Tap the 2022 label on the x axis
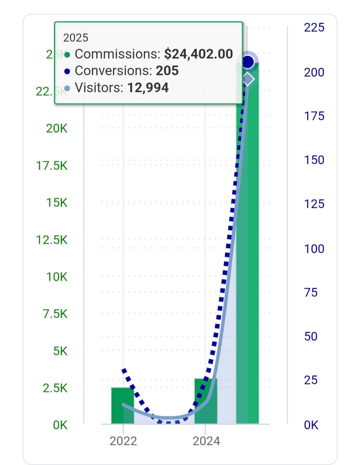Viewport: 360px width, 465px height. pyautogui.click(x=123, y=441)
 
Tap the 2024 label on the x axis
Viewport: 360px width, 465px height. pyautogui.click(x=206, y=441)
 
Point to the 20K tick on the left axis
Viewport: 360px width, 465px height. pyautogui.click(x=57, y=128)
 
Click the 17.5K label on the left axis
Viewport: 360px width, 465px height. pyautogui.click(x=52, y=166)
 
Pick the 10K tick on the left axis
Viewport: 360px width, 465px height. pyautogui.click(x=57, y=277)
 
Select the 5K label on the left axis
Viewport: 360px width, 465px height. pyautogui.click(x=60, y=351)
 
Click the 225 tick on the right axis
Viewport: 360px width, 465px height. pyautogui.click(x=314, y=27)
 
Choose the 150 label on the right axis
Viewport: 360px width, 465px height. pyautogui.click(x=314, y=160)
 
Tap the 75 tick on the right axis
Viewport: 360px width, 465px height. pyautogui.click(x=311, y=292)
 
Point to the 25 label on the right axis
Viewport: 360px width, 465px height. pyautogui.click(x=311, y=380)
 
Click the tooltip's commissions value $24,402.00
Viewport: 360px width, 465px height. pyautogui.click(x=198, y=54)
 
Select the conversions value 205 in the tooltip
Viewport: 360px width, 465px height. pyautogui.click(x=167, y=71)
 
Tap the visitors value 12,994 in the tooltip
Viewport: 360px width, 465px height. pyautogui.click(x=148, y=88)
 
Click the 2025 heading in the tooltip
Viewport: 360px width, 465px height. pyautogui.click(x=76, y=38)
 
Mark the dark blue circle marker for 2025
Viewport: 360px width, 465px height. pyautogui.click(x=248, y=62)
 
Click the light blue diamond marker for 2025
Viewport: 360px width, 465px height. pyautogui.click(x=248, y=79)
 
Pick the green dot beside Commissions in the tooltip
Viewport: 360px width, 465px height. pyautogui.click(x=67, y=55)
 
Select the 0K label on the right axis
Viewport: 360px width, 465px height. pyautogui.click(x=311, y=425)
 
